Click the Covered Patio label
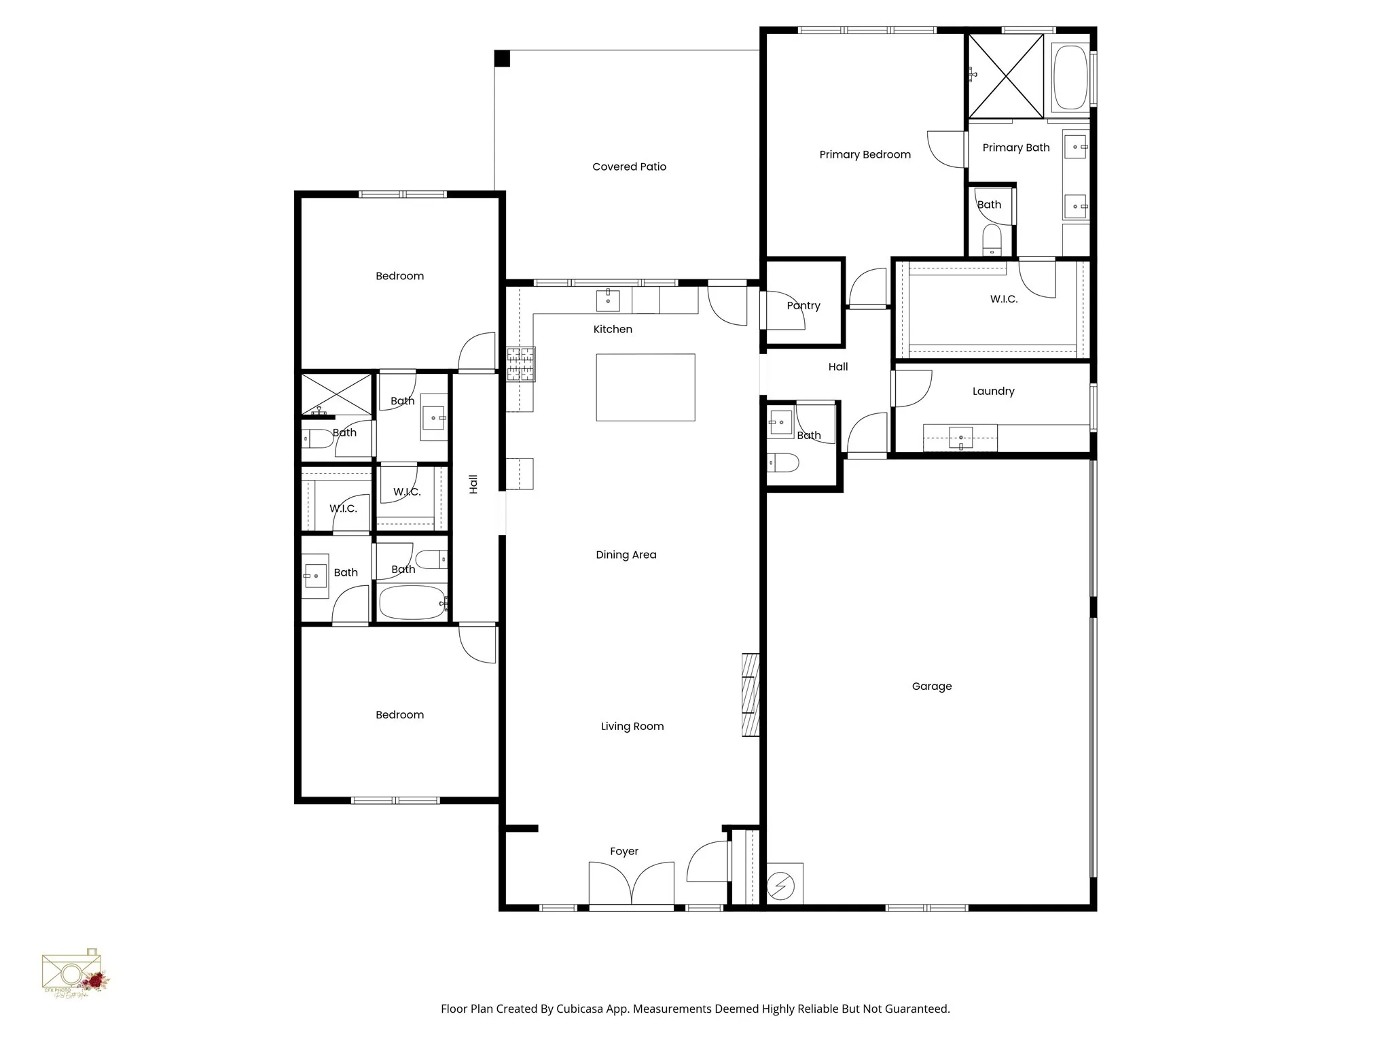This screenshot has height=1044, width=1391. click(629, 167)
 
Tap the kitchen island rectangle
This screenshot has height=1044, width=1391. click(645, 387)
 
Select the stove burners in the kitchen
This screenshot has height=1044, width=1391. click(520, 364)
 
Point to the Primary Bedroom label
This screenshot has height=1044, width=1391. click(865, 154)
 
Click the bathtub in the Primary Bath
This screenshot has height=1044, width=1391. click(1070, 77)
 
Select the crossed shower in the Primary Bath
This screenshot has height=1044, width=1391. click(1006, 76)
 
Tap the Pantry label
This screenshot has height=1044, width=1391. click(803, 306)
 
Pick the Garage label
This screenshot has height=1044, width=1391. click(931, 686)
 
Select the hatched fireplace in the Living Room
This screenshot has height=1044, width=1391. click(750, 695)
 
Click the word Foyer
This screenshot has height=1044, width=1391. click(624, 852)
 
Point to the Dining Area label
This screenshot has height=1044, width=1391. click(626, 555)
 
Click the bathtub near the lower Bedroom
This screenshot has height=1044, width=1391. click(412, 603)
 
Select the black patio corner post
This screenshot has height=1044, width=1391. click(502, 58)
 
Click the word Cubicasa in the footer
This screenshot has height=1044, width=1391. click(582, 1009)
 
